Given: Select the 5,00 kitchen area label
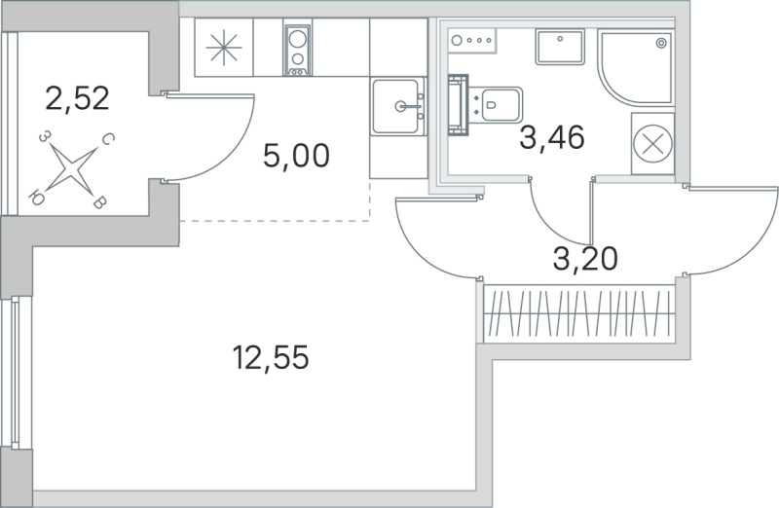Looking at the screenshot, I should click(297, 155).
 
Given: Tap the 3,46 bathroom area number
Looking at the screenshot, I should click(551, 139).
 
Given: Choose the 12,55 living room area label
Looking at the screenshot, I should click(271, 359).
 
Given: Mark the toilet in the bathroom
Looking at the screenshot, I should click(494, 103).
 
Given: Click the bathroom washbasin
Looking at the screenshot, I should click(559, 47).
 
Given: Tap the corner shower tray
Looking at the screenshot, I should click(635, 66).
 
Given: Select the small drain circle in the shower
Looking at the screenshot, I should click(662, 43).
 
